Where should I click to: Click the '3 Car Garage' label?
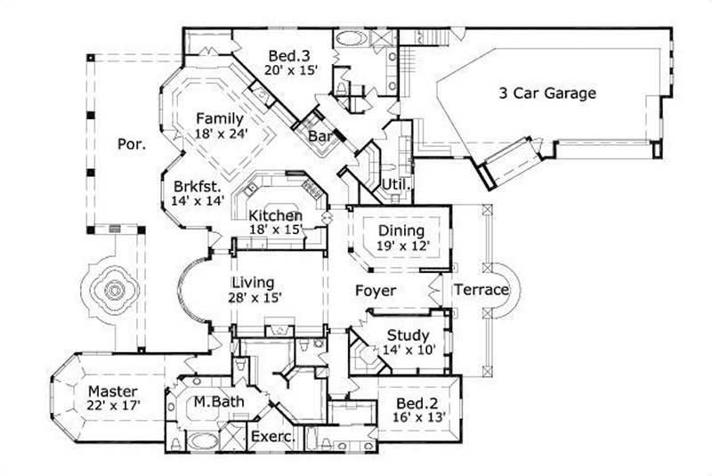(546, 93)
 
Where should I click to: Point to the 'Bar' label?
(320, 136)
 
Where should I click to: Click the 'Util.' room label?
(395, 185)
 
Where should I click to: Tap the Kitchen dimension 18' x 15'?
(276, 230)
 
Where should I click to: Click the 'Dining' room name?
(401, 230)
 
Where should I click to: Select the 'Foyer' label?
(375, 291)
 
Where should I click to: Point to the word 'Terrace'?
(481, 290)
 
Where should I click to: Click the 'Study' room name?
(409, 335)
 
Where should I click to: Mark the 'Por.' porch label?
(130, 142)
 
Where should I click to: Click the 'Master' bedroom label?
(112, 391)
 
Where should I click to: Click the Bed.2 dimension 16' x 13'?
(421, 418)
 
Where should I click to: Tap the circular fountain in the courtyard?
(114, 289)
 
